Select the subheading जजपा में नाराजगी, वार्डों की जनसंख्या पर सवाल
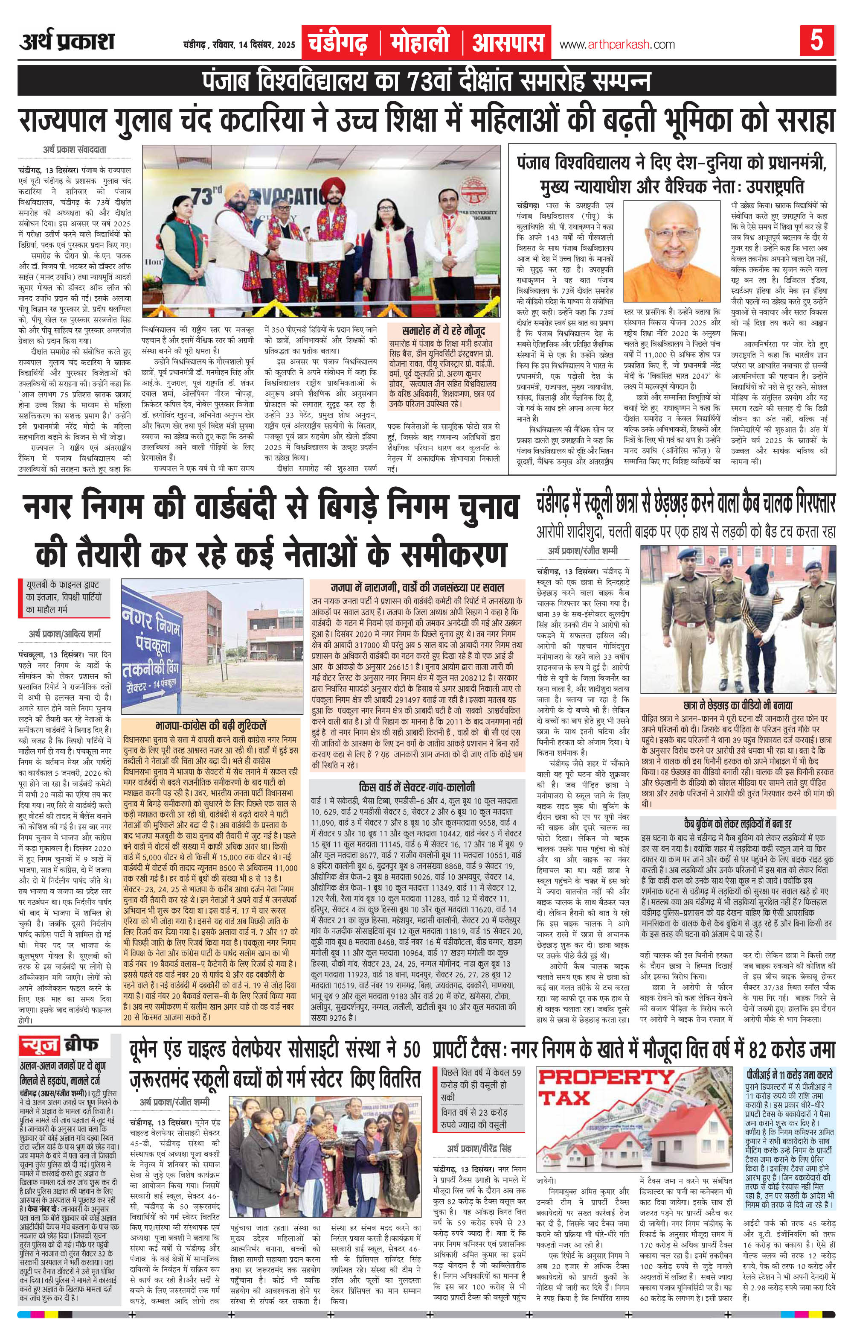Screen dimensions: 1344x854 coord(417,587)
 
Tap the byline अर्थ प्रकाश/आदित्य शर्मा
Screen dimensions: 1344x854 coord(66,634)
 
